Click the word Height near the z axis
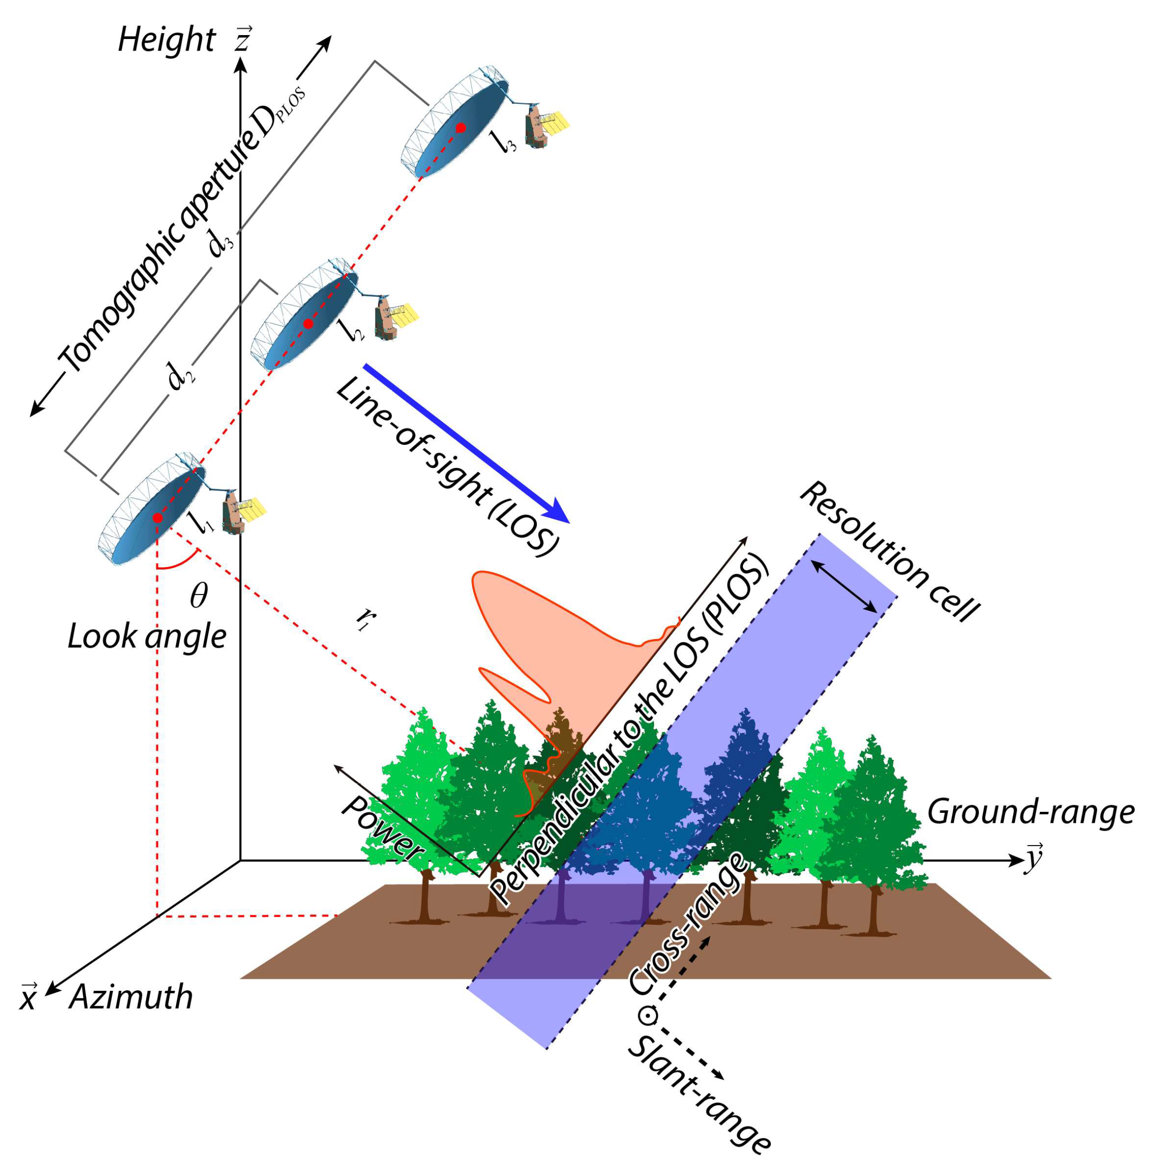166,40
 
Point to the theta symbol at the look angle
198,595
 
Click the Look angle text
147,636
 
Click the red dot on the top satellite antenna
461,127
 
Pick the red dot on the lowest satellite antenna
157,518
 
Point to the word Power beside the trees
382,829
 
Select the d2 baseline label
181,376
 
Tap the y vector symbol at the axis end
1034,857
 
